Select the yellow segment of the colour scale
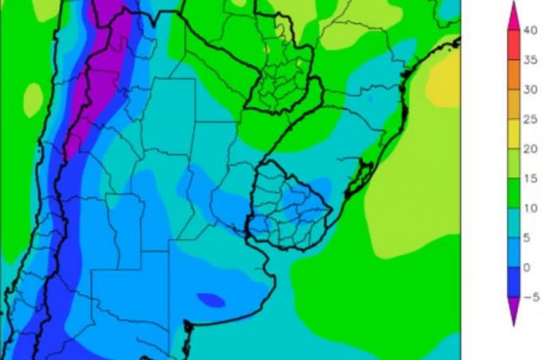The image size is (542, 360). (513, 135)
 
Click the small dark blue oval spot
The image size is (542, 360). (211, 299)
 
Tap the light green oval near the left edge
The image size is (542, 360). (33, 100)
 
